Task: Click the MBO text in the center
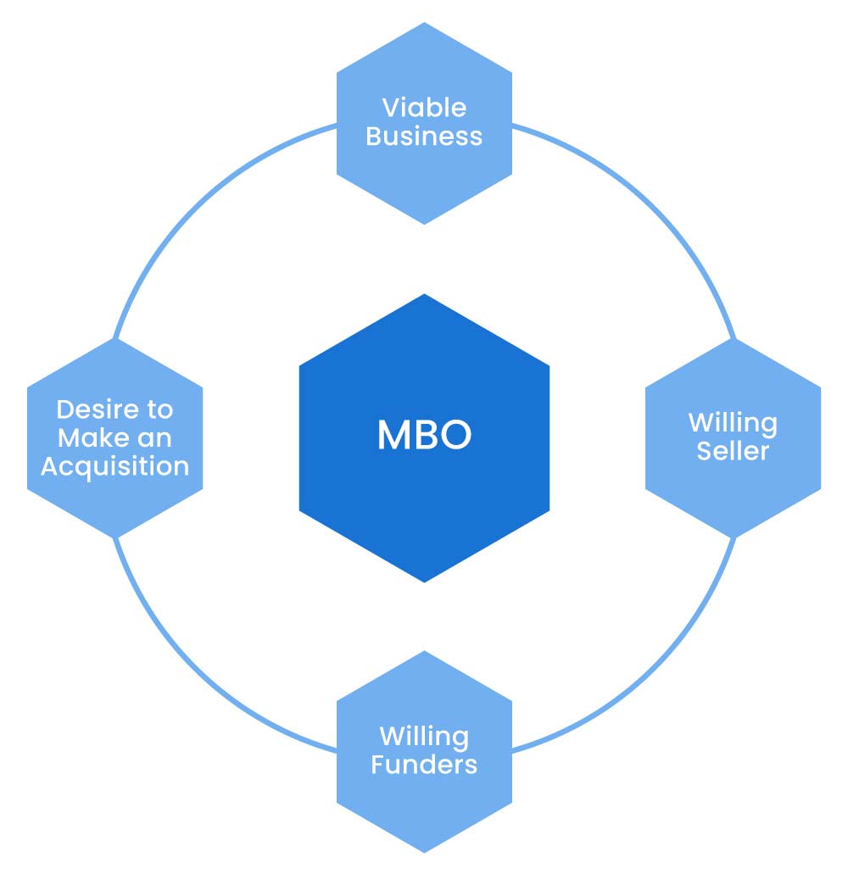point(424,436)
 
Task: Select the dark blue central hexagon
point(424,509)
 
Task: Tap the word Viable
point(424,108)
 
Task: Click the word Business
point(424,136)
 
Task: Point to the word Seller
point(733,451)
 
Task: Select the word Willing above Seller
point(733,422)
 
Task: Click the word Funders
point(424,765)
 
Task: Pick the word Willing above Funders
point(424,736)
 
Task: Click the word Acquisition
point(114,466)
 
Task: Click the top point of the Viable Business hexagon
point(424,25)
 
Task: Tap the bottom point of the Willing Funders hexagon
point(424,850)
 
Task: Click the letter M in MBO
point(393,436)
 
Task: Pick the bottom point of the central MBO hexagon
point(424,581)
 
